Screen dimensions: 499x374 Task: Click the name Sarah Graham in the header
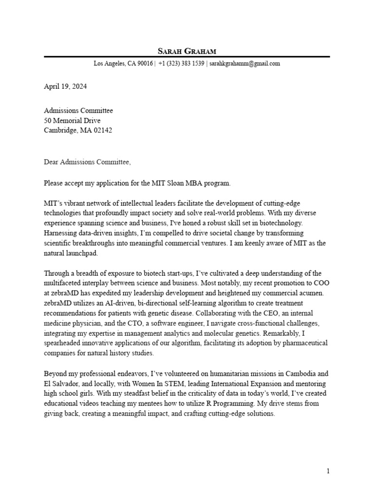(x=187, y=51)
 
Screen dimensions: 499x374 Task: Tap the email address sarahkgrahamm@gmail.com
(x=245, y=64)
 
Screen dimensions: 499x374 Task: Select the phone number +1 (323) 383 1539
(x=181, y=64)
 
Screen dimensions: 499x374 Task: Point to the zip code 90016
(x=145, y=64)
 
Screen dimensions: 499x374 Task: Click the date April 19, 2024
(x=66, y=87)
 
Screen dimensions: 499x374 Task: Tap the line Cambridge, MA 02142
(x=78, y=130)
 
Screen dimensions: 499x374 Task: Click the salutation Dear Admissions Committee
(x=87, y=162)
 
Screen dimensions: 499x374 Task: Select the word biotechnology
(x=280, y=223)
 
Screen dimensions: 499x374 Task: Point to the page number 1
(x=328, y=471)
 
